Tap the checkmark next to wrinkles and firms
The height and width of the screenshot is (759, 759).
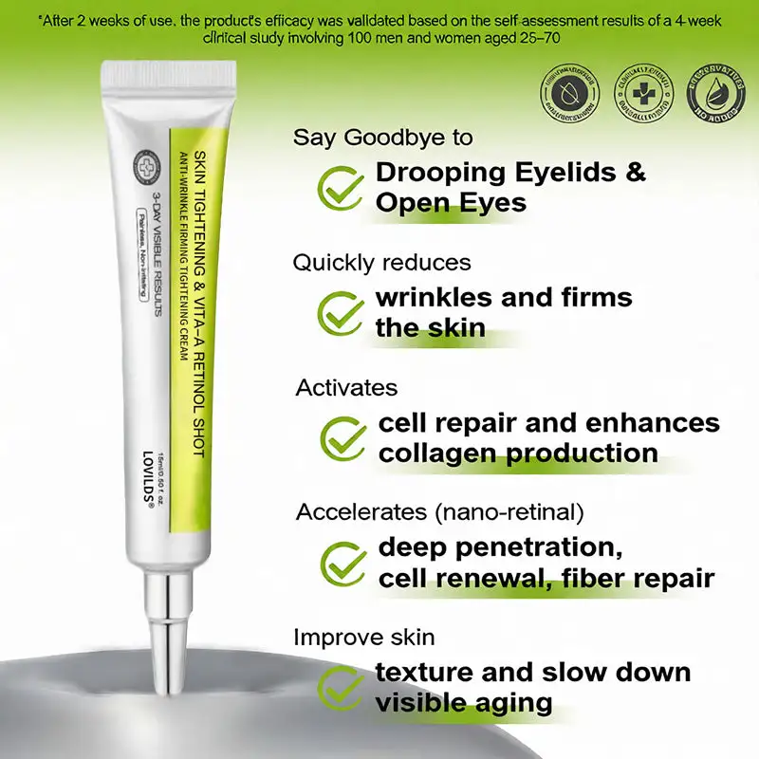339,311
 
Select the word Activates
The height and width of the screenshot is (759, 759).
346,387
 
